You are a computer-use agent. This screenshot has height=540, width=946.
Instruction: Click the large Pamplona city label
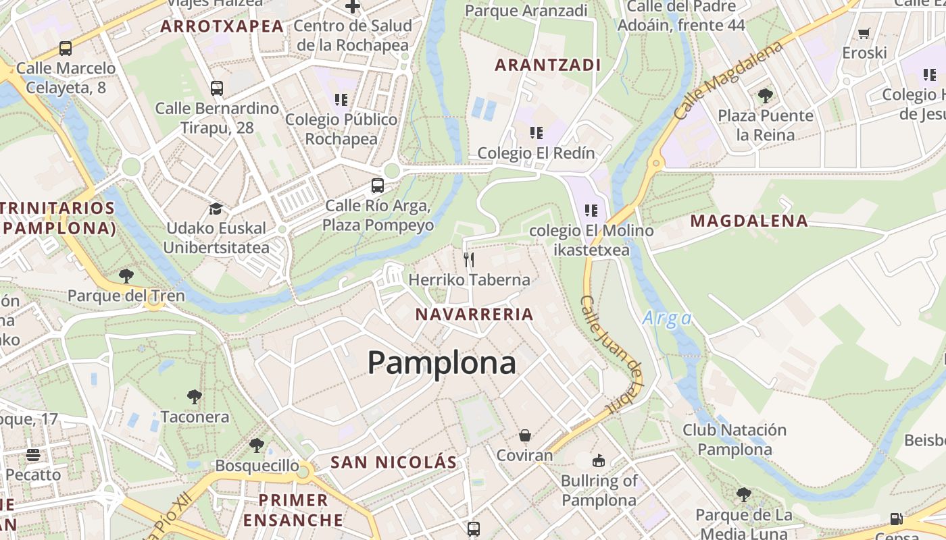tap(442, 363)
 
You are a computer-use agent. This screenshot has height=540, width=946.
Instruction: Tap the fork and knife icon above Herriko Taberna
tap(469, 260)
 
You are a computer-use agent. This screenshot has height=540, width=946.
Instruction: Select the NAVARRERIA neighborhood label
tap(474, 314)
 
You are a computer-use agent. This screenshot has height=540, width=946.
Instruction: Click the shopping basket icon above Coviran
tap(524, 436)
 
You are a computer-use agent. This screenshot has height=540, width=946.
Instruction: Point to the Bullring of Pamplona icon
tap(598, 462)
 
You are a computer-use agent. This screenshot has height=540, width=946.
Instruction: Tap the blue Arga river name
tap(667, 319)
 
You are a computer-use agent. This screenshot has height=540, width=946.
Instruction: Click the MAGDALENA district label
tap(749, 221)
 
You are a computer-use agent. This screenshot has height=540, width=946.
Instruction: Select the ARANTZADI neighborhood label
tap(548, 65)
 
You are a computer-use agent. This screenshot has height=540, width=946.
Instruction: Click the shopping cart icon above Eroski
tap(864, 33)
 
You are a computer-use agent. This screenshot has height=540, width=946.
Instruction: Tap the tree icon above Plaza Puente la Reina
tap(765, 96)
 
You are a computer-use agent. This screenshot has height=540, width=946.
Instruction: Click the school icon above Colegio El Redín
tap(536, 133)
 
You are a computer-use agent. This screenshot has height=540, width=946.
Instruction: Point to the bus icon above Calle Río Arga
tap(378, 186)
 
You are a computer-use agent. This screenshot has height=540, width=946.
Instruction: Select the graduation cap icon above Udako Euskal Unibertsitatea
tap(216, 209)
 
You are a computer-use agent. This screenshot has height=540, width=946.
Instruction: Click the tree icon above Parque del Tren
tap(126, 275)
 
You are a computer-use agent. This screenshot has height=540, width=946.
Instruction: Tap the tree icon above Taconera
tap(195, 396)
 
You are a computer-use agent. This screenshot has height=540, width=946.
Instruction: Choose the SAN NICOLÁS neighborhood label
tap(393, 462)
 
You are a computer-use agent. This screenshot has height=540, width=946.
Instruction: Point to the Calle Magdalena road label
tap(730, 80)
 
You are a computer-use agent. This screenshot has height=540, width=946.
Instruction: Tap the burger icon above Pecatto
tap(33, 455)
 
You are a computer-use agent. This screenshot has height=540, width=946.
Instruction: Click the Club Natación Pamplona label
tap(735, 439)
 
